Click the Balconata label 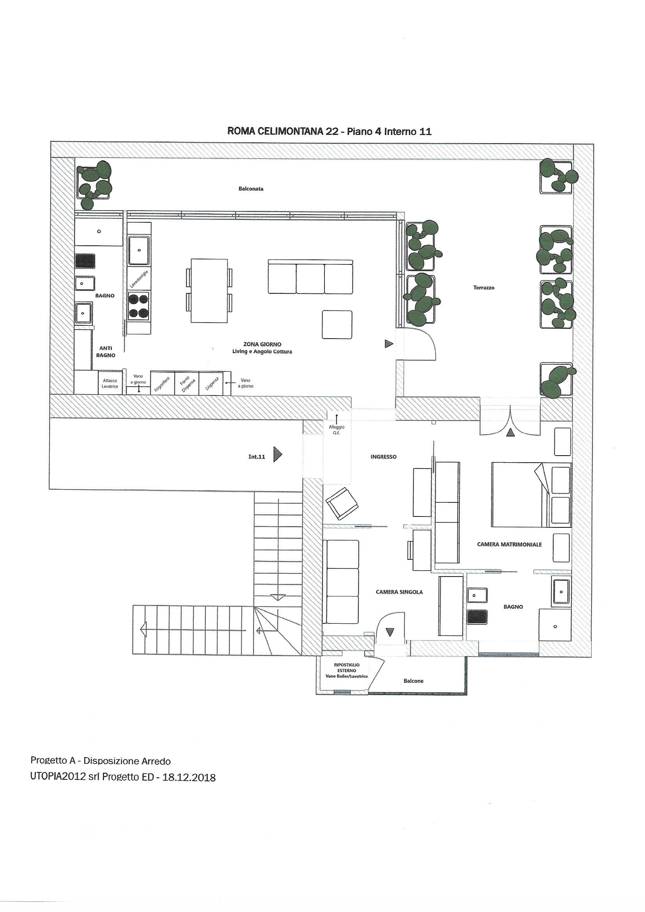(x=251, y=189)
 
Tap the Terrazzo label (x=484, y=287)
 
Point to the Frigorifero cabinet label (x=163, y=384)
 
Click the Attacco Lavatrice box (x=110, y=383)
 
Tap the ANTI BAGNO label (x=106, y=352)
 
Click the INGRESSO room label (x=383, y=457)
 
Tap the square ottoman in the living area (x=337, y=325)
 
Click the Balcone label (x=413, y=681)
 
